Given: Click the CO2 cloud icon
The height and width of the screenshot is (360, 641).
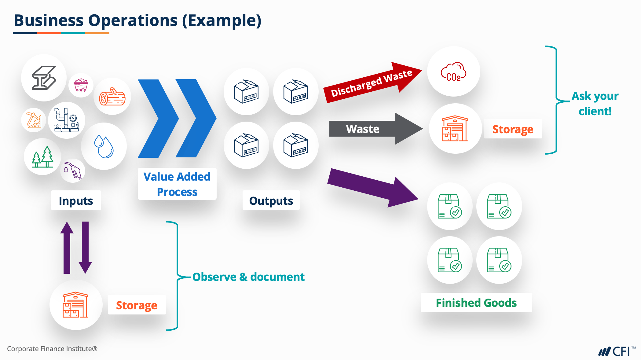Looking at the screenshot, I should click(453, 72).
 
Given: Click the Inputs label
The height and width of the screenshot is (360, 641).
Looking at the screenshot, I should click(76, 200).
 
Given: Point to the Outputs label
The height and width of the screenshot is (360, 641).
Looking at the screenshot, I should click(271, 200).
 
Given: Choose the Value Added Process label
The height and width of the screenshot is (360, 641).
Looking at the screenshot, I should click(177, 184).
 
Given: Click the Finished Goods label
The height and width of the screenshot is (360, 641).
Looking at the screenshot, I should click(476, 303).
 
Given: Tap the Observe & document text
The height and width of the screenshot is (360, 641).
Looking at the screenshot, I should click(248, 277).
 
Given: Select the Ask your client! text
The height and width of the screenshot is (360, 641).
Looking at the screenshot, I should click(595, 104).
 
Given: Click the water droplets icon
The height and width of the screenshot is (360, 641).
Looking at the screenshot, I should click(104, 146).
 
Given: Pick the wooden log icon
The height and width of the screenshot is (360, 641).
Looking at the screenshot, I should click(112, 97).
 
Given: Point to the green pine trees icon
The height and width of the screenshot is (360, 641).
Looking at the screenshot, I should click(43, 157).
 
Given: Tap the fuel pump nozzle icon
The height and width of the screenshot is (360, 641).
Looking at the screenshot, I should click(73, 170).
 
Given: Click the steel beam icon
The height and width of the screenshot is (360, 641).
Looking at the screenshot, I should click(44, 78).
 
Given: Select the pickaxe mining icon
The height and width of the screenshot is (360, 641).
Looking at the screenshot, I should click(34, 120).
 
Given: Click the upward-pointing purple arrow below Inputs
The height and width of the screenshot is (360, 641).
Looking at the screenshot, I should click(67, 248).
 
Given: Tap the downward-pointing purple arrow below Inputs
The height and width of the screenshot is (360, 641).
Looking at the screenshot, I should click(85, 248).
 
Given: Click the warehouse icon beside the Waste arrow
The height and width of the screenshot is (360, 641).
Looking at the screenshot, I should click(455, 129).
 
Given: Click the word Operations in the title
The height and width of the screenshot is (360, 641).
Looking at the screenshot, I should click(133, 20).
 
